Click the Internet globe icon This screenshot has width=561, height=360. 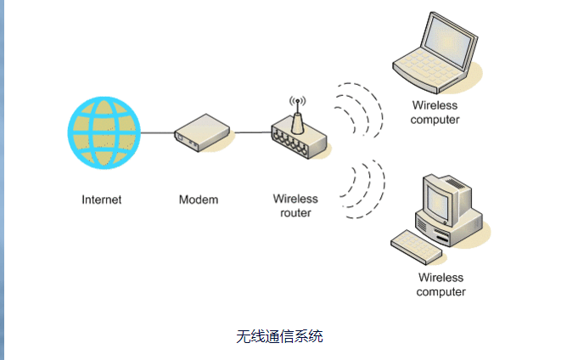pos(103,132)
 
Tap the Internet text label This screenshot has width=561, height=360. pos(102,200)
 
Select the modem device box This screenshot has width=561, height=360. pos(203,134)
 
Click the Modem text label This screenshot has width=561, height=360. pos(199,200)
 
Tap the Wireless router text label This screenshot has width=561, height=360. pos(295,206)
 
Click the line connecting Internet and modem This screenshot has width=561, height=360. pos(156,133)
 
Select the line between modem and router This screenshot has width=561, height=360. pos(251,132)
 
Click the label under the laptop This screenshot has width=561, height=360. pos(435,113)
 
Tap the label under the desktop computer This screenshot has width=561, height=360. pos(441,284)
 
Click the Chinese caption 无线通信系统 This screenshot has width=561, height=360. pos(280,336)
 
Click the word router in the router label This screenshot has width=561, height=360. pos(295,213)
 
